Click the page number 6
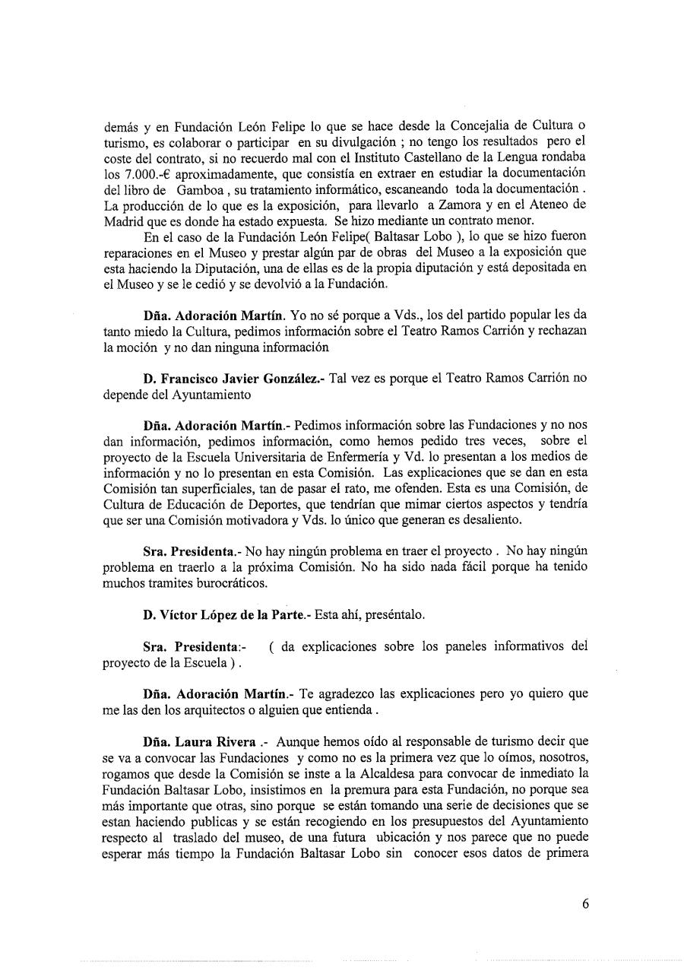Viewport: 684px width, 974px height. (x=585, y=903)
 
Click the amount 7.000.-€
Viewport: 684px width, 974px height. (x=132, y=173)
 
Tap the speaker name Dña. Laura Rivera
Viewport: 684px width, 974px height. (x=199, y=741)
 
